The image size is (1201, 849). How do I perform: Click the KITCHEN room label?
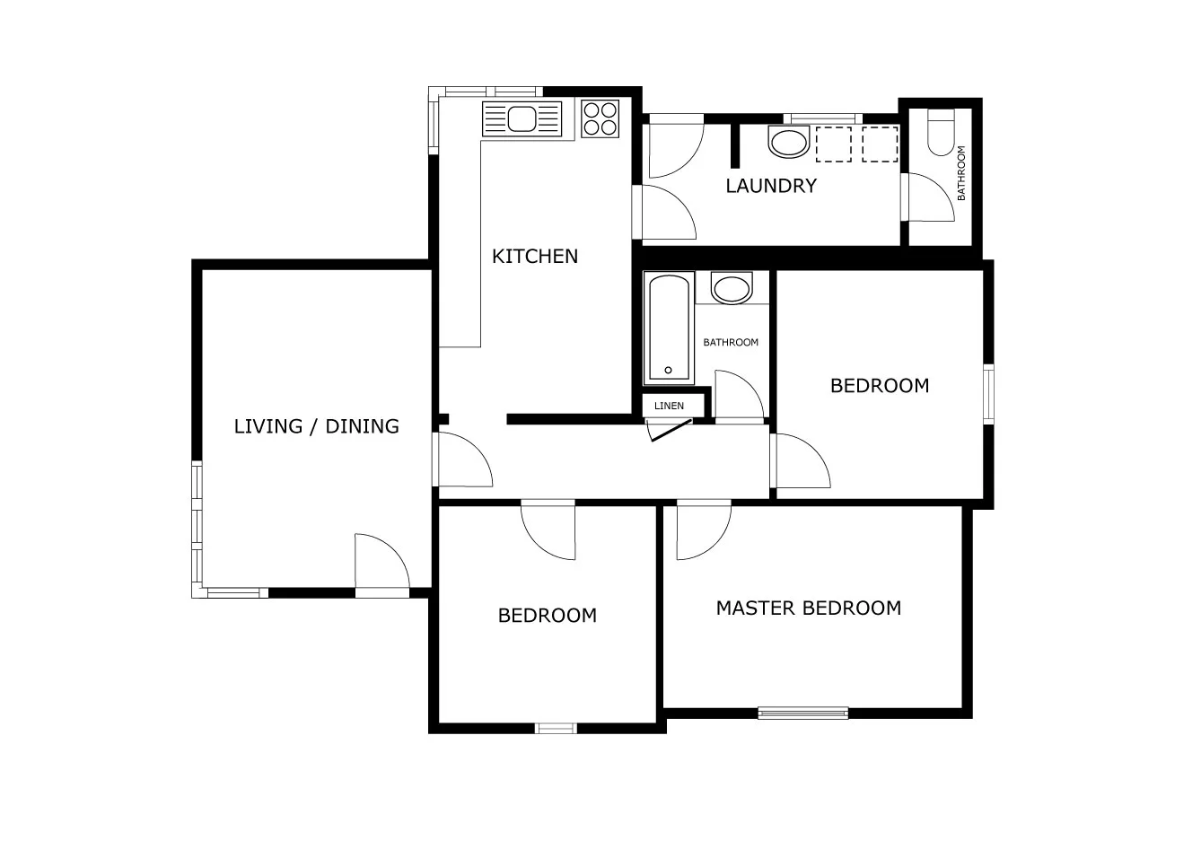[x=535, y=256]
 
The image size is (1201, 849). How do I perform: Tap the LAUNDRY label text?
[x=771, y=186]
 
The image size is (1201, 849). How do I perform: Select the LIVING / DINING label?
[x=316, y=426]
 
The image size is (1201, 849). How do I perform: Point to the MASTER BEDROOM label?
[x=809, y=608]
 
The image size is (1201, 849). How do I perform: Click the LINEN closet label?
[x=669, y=406]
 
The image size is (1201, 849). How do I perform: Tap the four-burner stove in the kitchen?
[x=600, y=118]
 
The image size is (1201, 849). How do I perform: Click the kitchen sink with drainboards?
[x=522, y=119]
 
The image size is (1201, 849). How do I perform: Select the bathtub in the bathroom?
[x=669, y=328]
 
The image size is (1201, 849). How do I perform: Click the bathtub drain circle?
[x=668, y=371]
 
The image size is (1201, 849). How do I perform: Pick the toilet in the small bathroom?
[x=941, y=132]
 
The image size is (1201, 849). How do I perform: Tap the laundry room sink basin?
[x=789, y=142]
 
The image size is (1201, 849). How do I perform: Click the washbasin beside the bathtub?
[x=732, y=288]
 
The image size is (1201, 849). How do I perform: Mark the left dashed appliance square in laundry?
[x=834, y=144]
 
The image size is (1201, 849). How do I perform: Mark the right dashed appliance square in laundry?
[x=880, y=144]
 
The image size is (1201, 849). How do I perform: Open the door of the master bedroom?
[x=704, y=530]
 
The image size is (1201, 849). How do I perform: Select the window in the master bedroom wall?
[x=803, y=713]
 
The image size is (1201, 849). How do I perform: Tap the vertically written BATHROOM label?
[x=960, y=173]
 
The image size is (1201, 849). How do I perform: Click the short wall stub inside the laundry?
[x=735, y=145]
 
